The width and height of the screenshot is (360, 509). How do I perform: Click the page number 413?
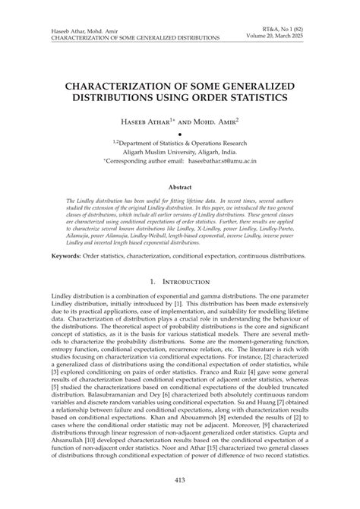click(x=180, y=480)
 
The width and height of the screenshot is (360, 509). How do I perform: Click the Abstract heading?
click(x=180, y=185)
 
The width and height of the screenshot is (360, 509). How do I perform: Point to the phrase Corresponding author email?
click(x=150, y=162)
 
